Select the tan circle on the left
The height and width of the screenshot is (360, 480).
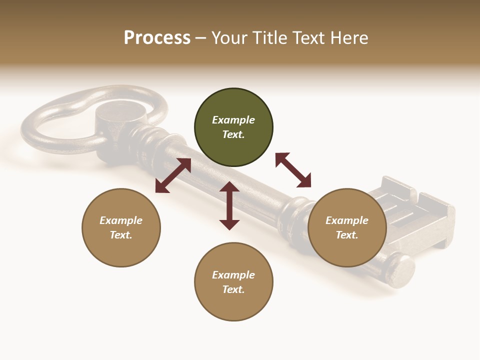121,227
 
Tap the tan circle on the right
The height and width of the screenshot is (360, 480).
347,227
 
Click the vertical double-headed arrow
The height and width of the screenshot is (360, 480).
229,205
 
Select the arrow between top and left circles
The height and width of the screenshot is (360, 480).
173,175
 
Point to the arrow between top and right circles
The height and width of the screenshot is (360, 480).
293,170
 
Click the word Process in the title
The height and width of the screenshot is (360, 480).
157,38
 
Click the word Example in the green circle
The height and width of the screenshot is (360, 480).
233,120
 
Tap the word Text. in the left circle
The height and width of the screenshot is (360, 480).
121,235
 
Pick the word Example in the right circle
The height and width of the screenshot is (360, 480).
347,220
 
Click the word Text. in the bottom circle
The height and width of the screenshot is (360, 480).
233,289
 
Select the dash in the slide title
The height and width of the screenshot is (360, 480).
201,38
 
